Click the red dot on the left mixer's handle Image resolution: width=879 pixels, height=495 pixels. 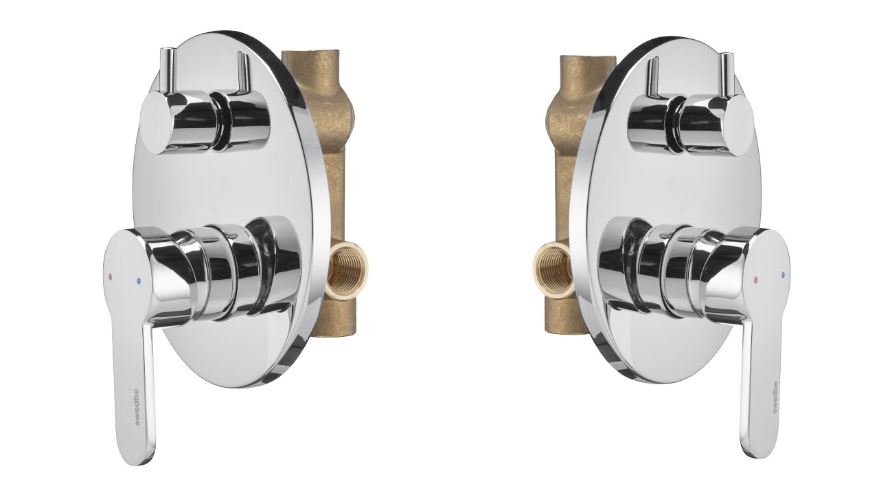111,276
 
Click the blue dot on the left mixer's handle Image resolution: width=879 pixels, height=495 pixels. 138,281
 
